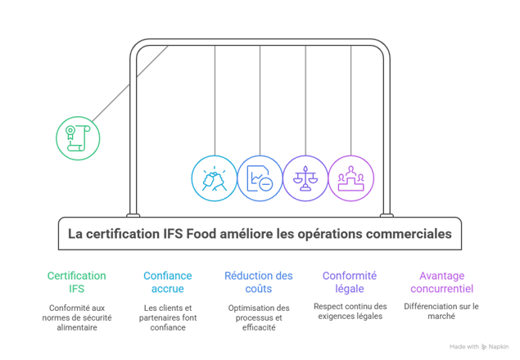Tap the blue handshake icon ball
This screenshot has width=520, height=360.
214,178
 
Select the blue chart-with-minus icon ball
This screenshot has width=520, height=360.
260,178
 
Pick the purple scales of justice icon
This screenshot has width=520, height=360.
305,178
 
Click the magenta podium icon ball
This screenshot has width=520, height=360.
351,178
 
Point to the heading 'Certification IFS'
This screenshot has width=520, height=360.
76,282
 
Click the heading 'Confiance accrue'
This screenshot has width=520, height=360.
168,282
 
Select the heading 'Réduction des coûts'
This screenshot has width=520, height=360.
259,282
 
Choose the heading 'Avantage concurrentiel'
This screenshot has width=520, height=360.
441,282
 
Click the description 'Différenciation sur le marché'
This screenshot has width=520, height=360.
441,311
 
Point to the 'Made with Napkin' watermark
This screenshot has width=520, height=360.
478,346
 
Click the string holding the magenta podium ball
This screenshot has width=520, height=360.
351,98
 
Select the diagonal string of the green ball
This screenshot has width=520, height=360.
131,82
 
